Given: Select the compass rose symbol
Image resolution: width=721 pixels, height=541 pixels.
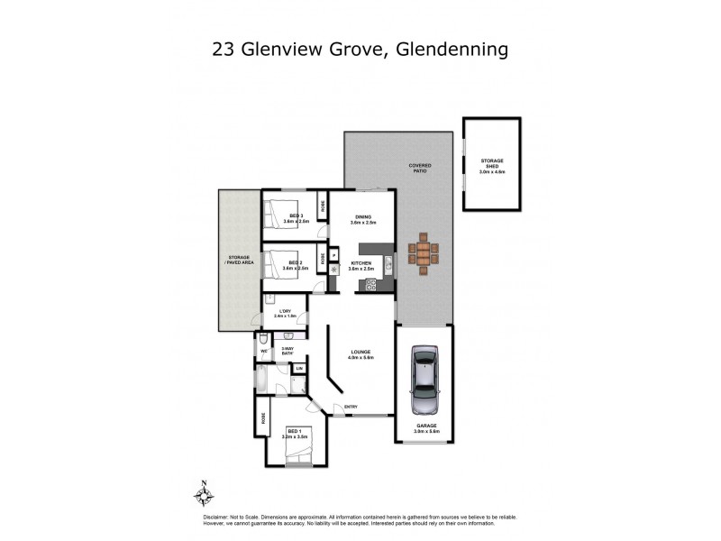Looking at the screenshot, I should click(205, 494).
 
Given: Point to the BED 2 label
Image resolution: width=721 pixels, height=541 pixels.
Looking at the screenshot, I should click(295, 264).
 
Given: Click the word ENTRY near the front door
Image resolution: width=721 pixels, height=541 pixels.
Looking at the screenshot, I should click(351, 408).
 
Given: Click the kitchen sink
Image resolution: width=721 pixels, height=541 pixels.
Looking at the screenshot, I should click(388, 264).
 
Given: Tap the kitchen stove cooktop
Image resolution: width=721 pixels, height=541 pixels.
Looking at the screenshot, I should click(368, 285).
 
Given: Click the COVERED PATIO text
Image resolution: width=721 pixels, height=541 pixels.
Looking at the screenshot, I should click(420, 168).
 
